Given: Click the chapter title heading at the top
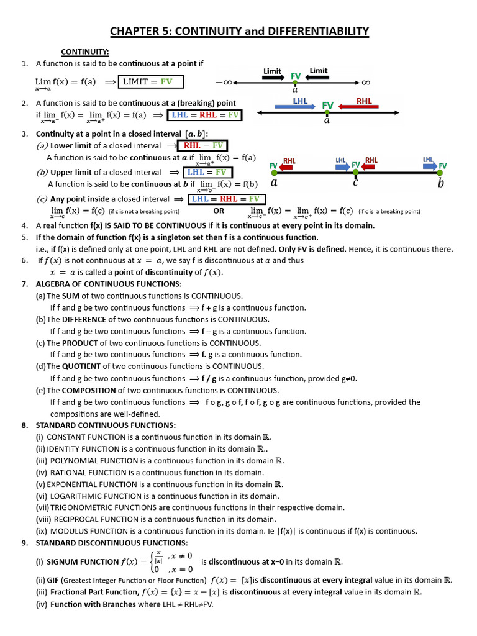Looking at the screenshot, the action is pyautogui.click(x=239, y=31).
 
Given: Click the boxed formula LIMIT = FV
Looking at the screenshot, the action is pyautogui.click(x=151, y=81).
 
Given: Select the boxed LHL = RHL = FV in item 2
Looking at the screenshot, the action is pyautogui.click(x=205, y=115).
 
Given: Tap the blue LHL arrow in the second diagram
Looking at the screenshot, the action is pyautogui.click(x=295, y=107).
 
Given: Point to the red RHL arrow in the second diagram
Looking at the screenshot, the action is pyautogui.click(x=358, y=107).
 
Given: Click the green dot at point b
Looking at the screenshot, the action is pyautogui.click(x=440, y=173).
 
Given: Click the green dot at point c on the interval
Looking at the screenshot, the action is pyautogui.click(x=355, y=173).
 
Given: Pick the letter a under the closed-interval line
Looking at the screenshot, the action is pyautogui.click(x=274, y=183).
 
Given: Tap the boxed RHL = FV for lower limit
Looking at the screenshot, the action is pyautogui.click(x=203, y=145).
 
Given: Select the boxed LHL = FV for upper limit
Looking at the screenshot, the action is pyautogui.click(x=207, y=173).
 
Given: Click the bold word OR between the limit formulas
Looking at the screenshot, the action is pyautogui.click(x=219, y=211).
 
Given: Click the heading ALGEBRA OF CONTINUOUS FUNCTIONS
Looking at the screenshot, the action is pyautogui.click(x=109, y=284).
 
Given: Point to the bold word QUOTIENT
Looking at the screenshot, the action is pyautogui.click(x=81, y=366).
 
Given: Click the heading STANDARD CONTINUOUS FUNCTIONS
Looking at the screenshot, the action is pyautogui.click(x=106, y=425).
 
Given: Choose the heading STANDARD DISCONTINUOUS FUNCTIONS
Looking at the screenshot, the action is pyautogui.click(x=112, y=543).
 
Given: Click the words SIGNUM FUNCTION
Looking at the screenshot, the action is pyautogui.click(x=83, y=562).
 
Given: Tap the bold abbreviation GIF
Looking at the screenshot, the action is pyautogui.click(x=53, y=581).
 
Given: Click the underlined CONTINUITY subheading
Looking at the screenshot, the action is pyautogui.click(x=84, y=52).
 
